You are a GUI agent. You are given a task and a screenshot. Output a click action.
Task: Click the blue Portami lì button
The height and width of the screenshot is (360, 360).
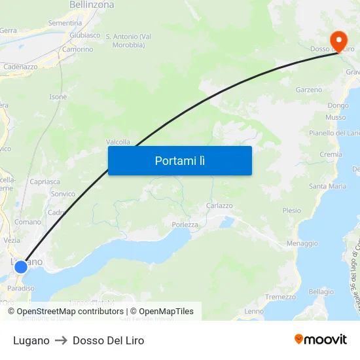coord(180,160)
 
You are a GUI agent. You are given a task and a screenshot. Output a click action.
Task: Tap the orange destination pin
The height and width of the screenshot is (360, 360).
coord(339,41)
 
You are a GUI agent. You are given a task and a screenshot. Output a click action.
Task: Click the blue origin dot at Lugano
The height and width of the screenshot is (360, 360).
coord(21,266)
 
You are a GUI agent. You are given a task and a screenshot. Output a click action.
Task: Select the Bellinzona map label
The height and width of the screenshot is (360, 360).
coord(92,5)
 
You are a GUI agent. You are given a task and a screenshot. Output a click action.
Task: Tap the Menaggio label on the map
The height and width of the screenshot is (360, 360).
coord(302,243)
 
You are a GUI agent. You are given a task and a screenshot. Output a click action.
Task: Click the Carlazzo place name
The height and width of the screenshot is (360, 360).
coord(219,206)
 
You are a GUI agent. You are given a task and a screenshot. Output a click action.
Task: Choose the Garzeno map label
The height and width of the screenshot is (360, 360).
coord(309,90)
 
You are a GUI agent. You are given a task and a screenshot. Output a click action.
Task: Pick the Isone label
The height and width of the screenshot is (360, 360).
coord(58,97)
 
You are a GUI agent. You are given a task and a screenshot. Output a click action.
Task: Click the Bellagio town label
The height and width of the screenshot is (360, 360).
coord(321,292)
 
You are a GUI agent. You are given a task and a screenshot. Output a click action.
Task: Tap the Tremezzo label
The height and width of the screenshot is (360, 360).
coord(281,297)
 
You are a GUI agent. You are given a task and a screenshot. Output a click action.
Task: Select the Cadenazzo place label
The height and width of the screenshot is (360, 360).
coord(20,67)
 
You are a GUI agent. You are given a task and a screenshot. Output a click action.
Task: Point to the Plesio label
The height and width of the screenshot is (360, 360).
coord(292,211)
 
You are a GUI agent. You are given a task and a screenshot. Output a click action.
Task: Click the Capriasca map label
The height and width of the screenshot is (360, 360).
coord(45,181)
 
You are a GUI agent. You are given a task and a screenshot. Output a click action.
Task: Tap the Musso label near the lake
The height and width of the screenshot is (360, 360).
coord(336,117)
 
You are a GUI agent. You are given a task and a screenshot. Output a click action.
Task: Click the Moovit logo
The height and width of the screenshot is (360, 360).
coord(321,340)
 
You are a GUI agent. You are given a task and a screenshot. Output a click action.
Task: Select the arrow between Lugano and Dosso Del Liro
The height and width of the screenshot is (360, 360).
coord(61,340)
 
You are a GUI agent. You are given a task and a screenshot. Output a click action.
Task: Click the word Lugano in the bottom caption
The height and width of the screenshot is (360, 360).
coord(31,340)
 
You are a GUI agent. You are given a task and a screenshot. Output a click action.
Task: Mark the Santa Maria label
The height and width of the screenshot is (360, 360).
coord(328,186)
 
